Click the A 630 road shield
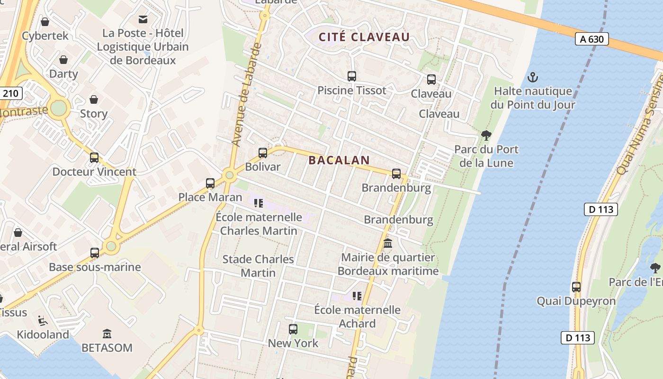[x=592, y=39]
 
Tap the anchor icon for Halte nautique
[x=533, y=77]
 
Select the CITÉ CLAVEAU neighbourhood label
[x=364, y=37]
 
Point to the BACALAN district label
[x=339, y=160]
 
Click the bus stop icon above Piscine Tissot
[x=351, y=76]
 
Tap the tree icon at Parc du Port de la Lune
[x=486, y=135]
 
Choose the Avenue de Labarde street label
[x=246, y=95]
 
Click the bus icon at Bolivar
[x=262, y=153]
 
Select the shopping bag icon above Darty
[x=63, y=60]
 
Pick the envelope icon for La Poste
[x=143, y=19]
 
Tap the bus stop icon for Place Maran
[x=210, y=183]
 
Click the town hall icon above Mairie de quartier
[x=388, y=244]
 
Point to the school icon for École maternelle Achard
[x=357, y=296]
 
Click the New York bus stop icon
[x=293, y=329]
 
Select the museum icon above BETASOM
[x=107, y=334]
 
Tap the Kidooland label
[x=43, y=334]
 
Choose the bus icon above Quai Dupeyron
[x=576, y=287]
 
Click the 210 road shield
[x=10, y=93]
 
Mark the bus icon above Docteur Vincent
[x=94, y=157]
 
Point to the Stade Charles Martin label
[x=258, y=266]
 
